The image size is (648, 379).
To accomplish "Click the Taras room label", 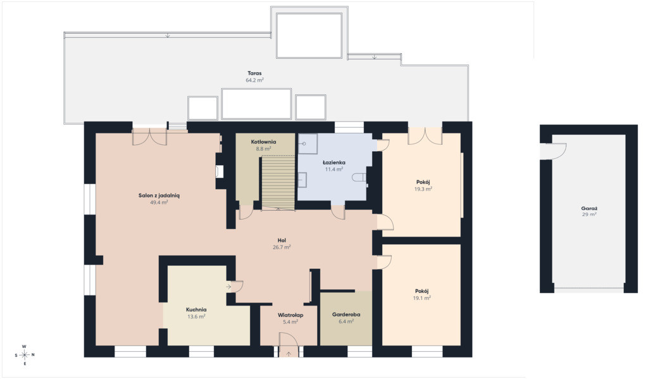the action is (x=254, y=73).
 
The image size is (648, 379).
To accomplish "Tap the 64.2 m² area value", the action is (x=254, y=80).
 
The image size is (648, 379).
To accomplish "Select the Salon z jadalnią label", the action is (x=159, y=196).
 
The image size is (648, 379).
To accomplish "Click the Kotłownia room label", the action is (x=263, y=142).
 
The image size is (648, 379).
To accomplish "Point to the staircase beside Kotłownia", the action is (x=278, y=182).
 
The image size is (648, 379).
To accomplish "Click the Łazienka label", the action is (x=334, y=163).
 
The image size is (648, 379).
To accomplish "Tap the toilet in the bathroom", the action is (x=359, y=178).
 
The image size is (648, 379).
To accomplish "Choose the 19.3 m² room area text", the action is (x=423, y=189).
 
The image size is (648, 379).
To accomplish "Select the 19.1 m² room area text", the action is (x=422, y=298).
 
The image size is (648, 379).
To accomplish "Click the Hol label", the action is (x=282, y=240).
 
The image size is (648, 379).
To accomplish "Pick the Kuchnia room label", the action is (x=196, y=309).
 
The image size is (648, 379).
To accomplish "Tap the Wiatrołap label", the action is (x=290, y=315).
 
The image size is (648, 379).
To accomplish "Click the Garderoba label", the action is (x=346, y=314).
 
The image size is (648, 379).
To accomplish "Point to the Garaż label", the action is (x=589, y=209).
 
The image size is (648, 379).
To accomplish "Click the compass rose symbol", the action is (x=25, y=354).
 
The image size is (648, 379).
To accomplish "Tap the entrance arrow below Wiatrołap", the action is (x=289, y=354).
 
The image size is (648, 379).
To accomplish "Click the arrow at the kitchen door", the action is (x=229, y=286).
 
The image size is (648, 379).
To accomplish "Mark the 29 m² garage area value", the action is (x=589, y=215).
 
